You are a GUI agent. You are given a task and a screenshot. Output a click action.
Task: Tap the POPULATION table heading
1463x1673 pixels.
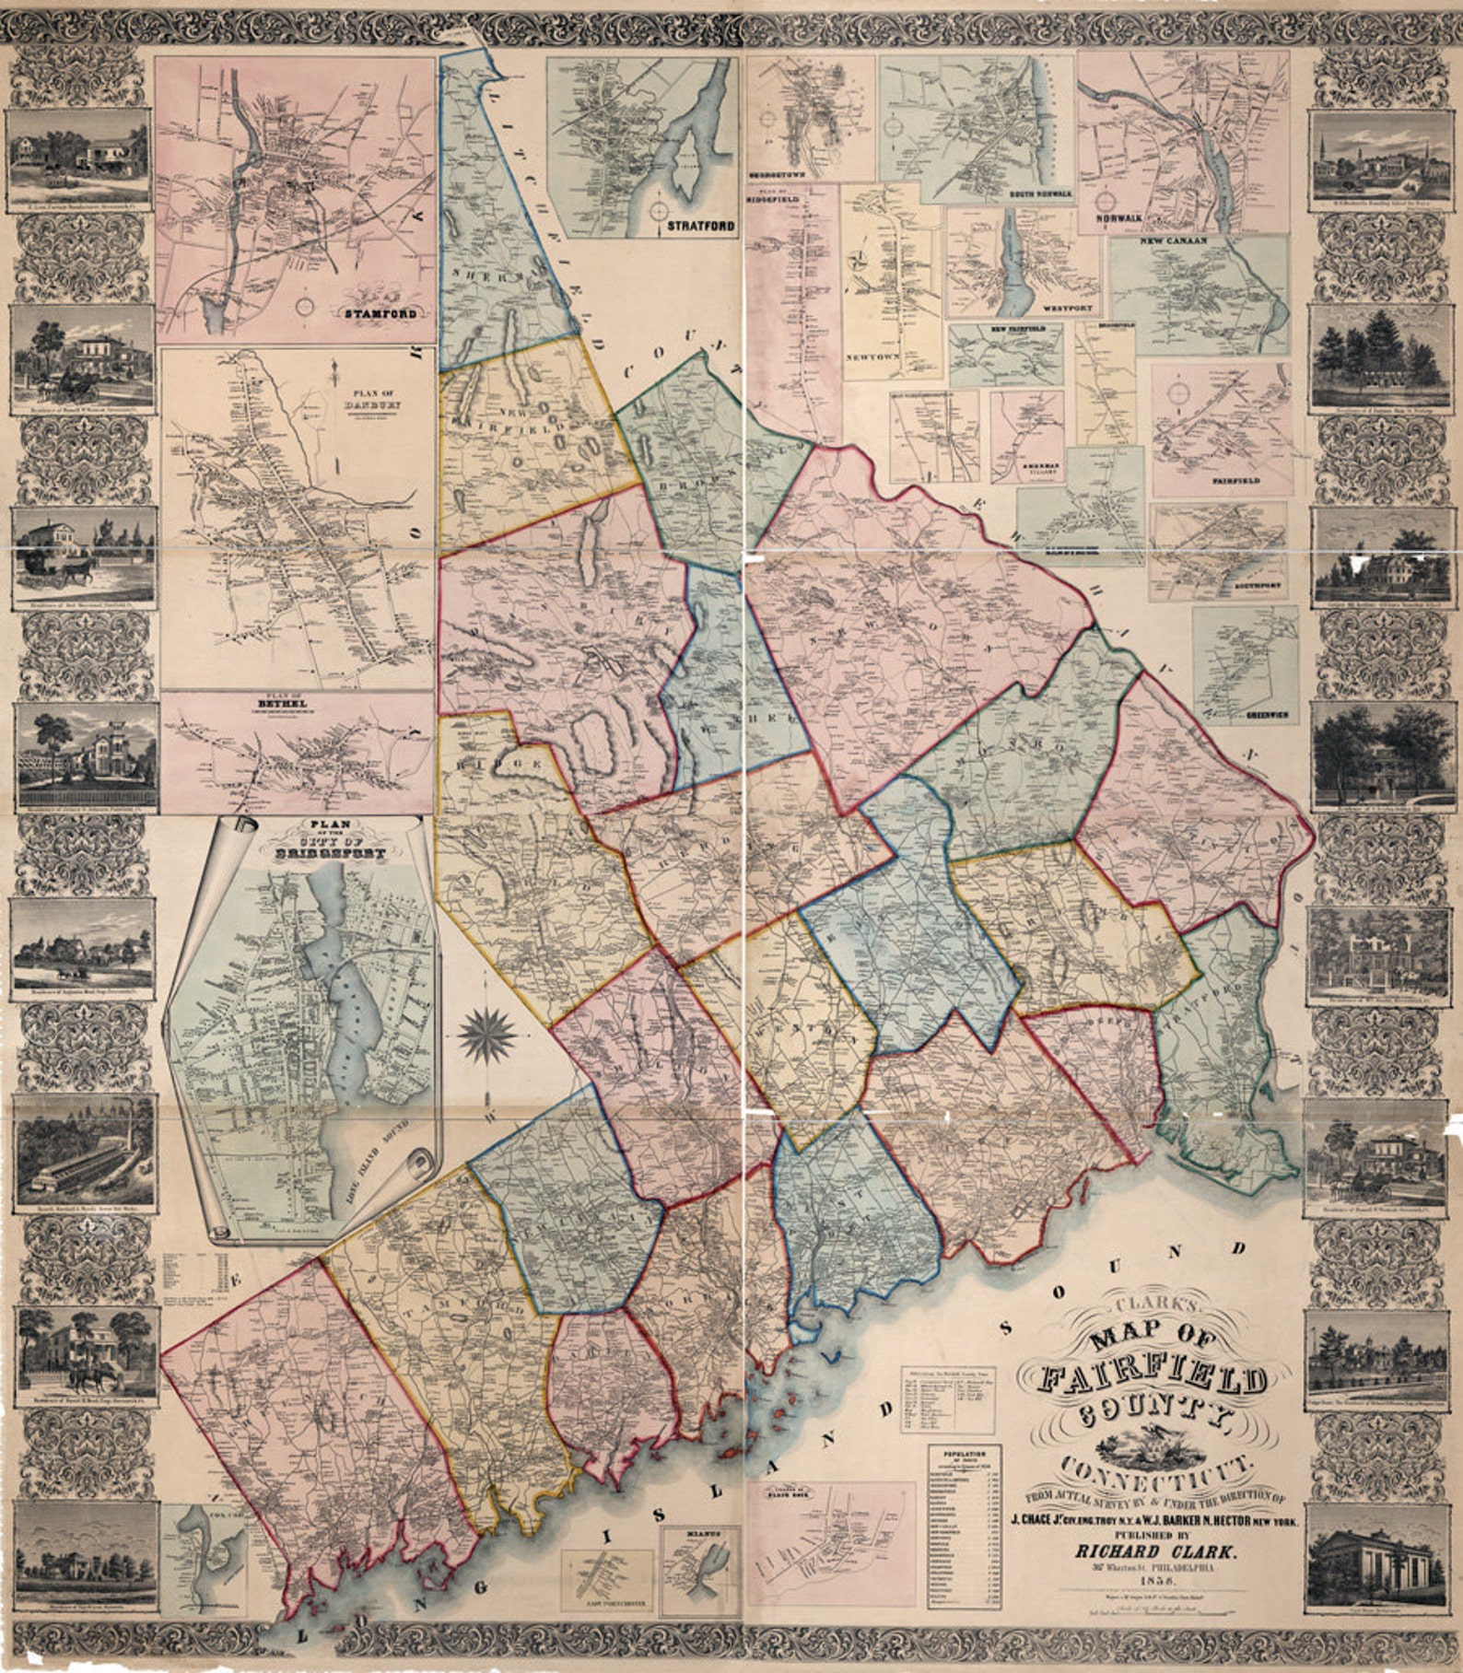963,1455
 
